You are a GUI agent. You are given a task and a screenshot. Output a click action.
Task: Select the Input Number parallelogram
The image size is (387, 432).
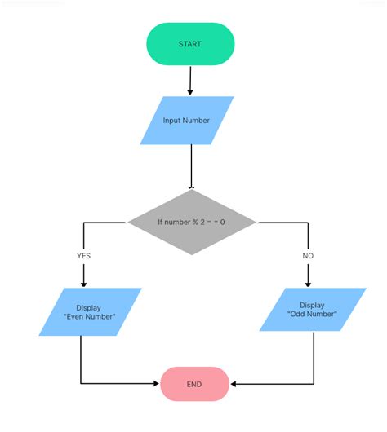(187, 121)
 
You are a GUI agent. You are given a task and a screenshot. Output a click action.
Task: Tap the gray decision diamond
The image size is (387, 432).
(192, 222)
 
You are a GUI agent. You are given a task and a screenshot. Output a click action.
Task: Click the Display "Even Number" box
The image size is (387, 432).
(90, 312)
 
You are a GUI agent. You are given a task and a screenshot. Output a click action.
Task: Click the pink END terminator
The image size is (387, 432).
(193, 383)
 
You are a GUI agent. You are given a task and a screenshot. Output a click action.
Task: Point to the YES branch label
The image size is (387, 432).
(83, 255)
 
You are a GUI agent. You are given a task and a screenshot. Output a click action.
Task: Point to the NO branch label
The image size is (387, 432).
(308, 255)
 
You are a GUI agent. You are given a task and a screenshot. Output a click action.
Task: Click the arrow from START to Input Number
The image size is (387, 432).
(191, 80)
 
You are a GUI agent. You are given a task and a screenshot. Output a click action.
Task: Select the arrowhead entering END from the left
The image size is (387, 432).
(155, 383)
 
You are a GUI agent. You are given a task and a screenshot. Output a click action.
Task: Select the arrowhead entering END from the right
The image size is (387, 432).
(234, 383)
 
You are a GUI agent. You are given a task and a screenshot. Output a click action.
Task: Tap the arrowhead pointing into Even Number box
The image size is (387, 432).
(83, 283)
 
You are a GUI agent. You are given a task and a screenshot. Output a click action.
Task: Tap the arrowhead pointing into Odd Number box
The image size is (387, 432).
(308, 283)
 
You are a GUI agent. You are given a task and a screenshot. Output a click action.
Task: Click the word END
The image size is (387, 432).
(193, 383)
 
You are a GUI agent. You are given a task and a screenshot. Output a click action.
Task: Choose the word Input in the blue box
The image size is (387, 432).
(172, 121)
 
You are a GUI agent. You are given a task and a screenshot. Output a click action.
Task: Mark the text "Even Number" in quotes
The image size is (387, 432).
(90, 317)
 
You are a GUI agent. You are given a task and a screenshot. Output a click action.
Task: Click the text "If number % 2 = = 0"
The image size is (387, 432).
(192, 222)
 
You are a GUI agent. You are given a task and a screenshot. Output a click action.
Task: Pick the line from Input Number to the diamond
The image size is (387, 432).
(191, 166)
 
